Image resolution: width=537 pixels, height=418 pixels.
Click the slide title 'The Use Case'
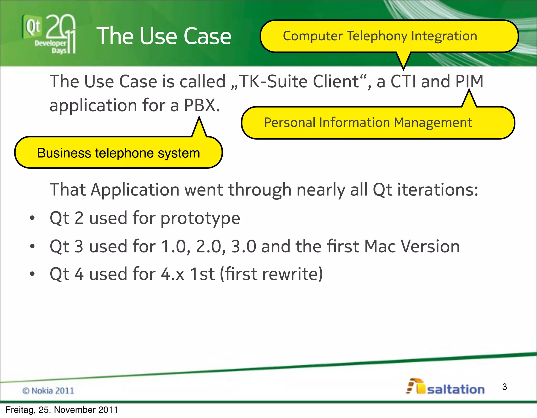coord(164,36)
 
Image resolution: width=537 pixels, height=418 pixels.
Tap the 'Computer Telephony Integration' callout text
coord(380,36)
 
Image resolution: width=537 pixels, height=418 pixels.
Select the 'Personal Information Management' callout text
coord(368,123)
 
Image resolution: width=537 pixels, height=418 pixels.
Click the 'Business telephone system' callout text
coord(119,153)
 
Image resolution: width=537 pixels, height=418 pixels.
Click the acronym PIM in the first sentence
coord(469,81)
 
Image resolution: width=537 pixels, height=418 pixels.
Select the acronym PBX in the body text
coord(202,105)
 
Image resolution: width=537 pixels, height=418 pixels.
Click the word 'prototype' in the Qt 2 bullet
coord(200,218)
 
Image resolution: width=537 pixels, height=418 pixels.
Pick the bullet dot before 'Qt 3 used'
coord(32,246)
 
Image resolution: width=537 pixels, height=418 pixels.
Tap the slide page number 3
coord(504,387)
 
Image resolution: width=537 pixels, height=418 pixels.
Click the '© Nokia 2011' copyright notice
coord(48,391)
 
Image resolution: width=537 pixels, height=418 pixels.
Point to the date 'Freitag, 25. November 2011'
coord(62,410)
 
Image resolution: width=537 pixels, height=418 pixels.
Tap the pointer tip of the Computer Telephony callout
coord(404,69)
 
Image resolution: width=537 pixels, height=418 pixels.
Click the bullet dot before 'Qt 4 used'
coord(32,274)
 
